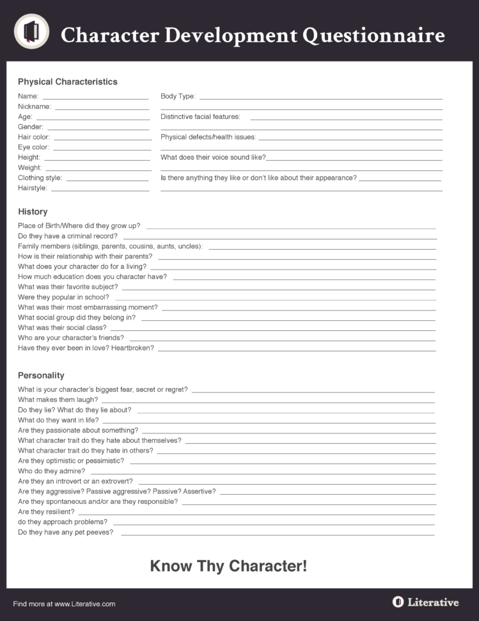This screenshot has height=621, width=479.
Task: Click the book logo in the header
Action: tap(31, 31)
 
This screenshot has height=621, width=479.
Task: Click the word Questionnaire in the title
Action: tap(373, 35)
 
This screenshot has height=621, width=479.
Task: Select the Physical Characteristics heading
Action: tap(67, 82)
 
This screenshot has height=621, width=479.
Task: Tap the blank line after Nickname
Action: tap(102, 107)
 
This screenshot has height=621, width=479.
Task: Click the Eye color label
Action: tap(33, 147)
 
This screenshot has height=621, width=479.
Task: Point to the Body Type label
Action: tap(178, 97)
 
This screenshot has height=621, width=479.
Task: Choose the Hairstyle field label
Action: tap(32, 188)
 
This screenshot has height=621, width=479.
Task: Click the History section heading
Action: tap(33, 212)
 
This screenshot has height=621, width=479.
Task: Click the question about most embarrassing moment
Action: tap(88, 307)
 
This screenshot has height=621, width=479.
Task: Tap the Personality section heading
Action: tap(41, 376)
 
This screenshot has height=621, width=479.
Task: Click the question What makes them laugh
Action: tap(58, 399)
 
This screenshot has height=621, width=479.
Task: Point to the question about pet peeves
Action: tap(65, 533)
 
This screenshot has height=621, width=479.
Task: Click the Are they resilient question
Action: tap(46, 512)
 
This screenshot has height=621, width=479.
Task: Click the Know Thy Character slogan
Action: tap(228, 566)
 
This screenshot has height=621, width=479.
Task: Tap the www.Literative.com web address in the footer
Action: tap(84, 604)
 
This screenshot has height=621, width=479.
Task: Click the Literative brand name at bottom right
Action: tap(432, 602)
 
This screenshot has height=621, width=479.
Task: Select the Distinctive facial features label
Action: tap(200, 117)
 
